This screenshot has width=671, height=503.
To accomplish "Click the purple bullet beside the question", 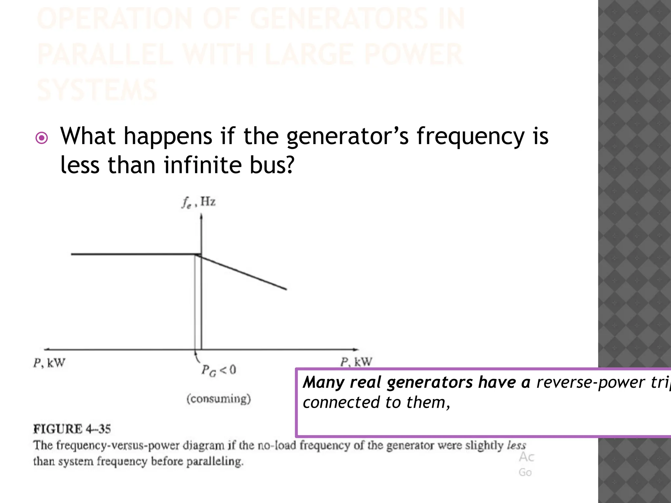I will click(x=42, y=138).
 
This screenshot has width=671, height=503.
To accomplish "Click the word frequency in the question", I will click(x=470, y=137).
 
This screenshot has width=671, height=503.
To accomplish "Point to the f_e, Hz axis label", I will click(x=199, y=202).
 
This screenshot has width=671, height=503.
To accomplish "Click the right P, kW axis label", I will click(x=356, y=362).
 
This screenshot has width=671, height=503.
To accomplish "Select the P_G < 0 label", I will click(x=219, y=370).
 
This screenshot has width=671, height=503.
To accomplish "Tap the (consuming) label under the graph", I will click(x=219, y=399).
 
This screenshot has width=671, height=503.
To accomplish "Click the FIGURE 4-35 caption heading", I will click(x=72, y=429).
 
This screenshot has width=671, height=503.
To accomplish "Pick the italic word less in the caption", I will click(x=516, y=445).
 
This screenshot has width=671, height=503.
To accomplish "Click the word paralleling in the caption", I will click(x=215, y=461).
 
